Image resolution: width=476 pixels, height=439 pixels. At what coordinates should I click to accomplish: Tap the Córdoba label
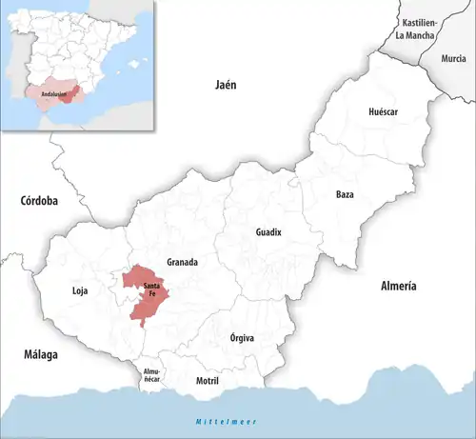39,201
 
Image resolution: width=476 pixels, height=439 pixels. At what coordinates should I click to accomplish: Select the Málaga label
41,354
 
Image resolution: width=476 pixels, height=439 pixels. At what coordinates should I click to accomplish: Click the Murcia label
454,58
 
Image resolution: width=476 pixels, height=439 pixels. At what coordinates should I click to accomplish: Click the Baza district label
345,194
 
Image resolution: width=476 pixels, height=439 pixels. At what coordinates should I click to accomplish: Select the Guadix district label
269,232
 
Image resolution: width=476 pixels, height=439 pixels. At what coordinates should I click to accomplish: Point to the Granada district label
182,262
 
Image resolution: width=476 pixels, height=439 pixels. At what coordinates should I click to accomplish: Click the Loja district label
81,290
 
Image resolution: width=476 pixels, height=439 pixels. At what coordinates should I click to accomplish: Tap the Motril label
207,380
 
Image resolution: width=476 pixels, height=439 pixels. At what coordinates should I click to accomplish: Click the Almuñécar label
152,374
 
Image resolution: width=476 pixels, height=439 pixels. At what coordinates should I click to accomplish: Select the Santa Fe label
151,289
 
